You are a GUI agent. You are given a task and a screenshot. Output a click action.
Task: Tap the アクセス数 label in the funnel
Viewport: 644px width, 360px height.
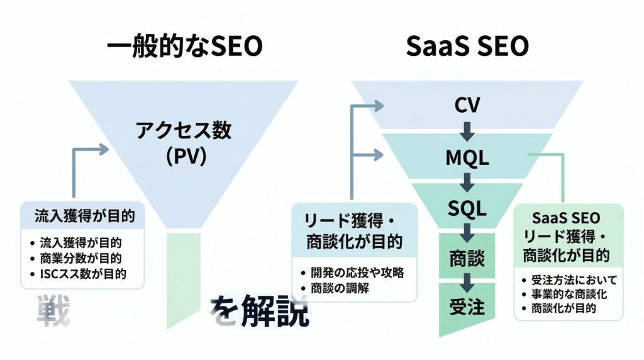(x=184, y=131)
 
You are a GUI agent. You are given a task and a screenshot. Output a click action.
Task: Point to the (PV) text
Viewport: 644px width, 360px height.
(x=184, y=156)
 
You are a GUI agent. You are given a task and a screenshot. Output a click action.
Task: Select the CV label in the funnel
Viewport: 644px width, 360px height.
(x=467, y=105)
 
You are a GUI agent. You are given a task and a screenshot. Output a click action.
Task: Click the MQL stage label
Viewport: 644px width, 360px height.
(x=467, y=158)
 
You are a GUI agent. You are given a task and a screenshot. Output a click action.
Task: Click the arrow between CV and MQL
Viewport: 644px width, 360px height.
(x=467, y=131)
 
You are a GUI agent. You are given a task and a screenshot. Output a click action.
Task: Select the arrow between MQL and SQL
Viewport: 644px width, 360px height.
(x=467, y=183)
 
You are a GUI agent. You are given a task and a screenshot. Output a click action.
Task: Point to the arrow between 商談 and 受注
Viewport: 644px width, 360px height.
(x=467, y=282)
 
